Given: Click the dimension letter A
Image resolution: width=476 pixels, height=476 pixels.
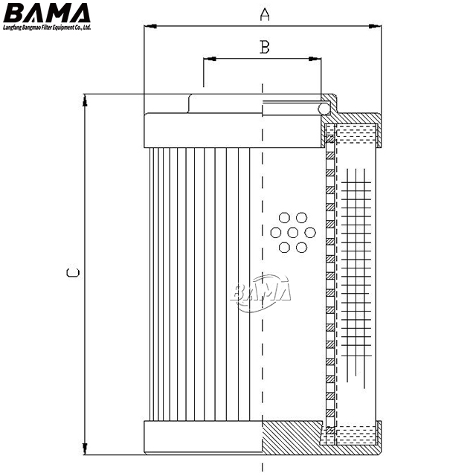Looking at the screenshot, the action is (265, 14).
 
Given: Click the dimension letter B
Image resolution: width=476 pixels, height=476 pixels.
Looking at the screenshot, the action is (265, 47).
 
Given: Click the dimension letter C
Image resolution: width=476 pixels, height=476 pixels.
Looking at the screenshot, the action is (73, 272).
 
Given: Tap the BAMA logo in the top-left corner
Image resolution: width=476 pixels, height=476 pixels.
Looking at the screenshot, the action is (47, 13).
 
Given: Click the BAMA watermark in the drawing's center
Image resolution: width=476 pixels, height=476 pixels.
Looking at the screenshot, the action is (260, 292).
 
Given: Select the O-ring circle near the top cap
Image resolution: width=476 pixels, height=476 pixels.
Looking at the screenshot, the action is (324, 109).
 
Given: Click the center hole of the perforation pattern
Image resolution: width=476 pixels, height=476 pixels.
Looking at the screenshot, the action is (292, 233).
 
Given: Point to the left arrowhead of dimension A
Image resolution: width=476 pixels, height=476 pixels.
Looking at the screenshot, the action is (150, 27).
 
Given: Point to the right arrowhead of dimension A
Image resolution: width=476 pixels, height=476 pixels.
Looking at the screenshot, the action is (375, 27).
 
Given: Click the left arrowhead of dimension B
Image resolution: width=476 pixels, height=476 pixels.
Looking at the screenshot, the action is (210, 59).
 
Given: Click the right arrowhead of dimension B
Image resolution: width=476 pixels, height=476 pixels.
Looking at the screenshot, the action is (315, 59).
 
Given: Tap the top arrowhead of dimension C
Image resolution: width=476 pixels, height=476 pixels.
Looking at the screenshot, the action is (85, 100).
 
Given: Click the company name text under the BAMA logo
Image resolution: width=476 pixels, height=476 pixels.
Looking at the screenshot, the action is (47, 28).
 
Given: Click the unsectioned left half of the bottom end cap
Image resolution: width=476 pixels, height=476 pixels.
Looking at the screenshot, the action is (203, 437).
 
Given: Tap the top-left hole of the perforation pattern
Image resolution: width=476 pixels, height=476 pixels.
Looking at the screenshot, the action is (284, 218).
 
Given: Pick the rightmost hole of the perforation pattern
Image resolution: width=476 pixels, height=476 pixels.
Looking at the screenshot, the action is (310, 233).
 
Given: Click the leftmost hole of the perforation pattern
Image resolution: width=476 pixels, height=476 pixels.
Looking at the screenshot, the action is (276, 233).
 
